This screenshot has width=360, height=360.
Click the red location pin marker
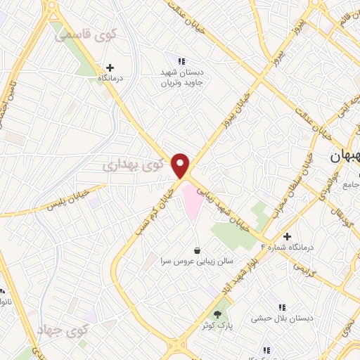click(181, 165)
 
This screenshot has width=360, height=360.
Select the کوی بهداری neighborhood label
click(132, 165)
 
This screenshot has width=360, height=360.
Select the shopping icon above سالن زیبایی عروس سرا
click(197, 249)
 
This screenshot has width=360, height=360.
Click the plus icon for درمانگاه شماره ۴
click(287, 236)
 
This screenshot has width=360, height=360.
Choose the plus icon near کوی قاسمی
click(110, 67)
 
